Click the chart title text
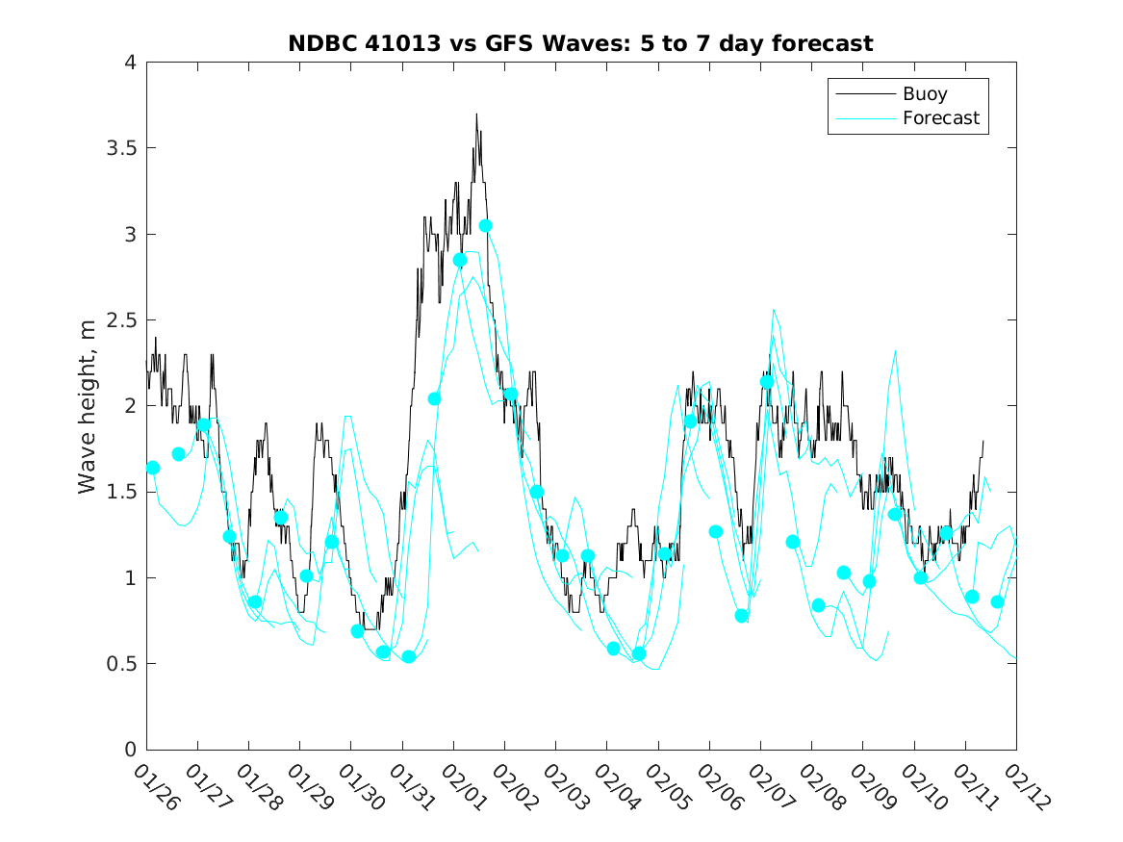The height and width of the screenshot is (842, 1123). pos(580,43)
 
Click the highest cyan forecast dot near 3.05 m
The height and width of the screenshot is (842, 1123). pos(486,226)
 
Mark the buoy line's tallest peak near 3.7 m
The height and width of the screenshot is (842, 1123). pos(475,115)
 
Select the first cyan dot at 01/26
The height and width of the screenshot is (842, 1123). pos(153,468)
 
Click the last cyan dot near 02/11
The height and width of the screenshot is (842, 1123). pos(998,601)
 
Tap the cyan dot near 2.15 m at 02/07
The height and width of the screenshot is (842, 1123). pos(767,382)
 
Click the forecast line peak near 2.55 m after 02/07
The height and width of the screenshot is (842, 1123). pos(773,310)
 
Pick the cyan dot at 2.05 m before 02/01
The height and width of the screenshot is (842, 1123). pos(434,398)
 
